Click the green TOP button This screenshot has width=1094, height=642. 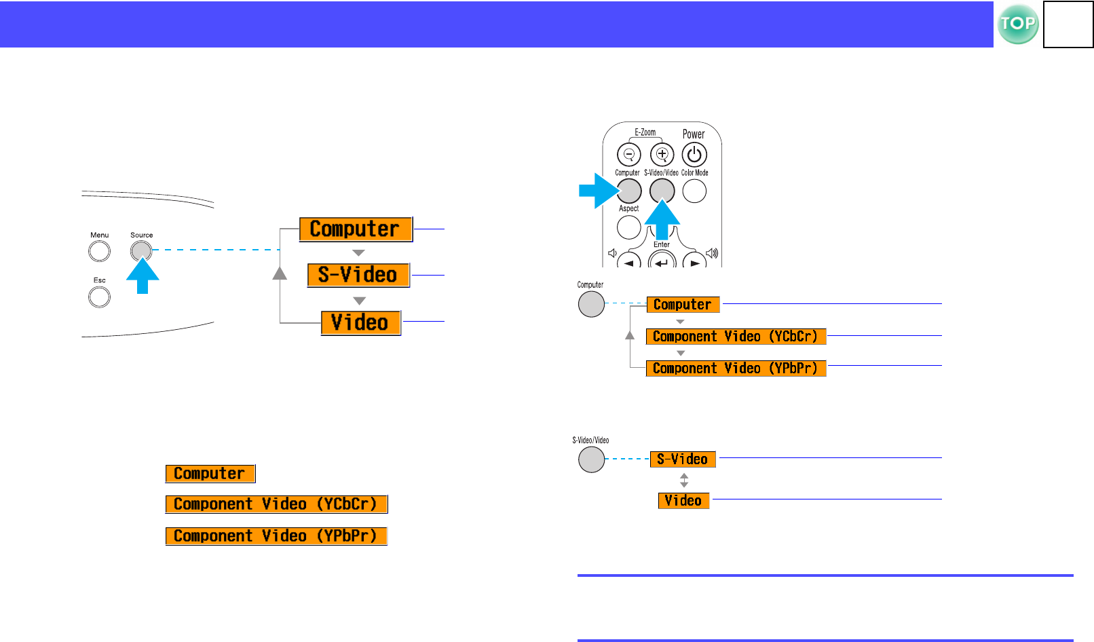click(1018, 24)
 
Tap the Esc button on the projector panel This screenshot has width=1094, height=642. click(100, 297)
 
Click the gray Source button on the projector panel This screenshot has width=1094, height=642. click(141, 251)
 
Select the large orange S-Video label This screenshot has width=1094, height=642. click(358, 275)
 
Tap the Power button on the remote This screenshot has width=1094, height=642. click(694, 155)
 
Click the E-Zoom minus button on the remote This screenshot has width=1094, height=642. click(628, 155)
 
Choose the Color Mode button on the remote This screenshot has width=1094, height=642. click(694, 191)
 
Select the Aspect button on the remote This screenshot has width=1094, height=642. click(629, 227)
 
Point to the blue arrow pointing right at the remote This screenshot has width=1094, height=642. click(597, 191)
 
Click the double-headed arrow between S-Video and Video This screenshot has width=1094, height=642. click(684, 480)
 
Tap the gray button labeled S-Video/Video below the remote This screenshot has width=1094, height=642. click(591, 459)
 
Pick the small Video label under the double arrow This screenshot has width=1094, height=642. click(683, 501)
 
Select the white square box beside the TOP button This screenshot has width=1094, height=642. click(1068, 24)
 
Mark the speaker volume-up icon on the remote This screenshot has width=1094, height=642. click(712, 254)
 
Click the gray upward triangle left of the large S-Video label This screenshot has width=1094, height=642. click(280, 273)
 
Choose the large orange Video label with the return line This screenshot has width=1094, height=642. click(360, 322)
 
